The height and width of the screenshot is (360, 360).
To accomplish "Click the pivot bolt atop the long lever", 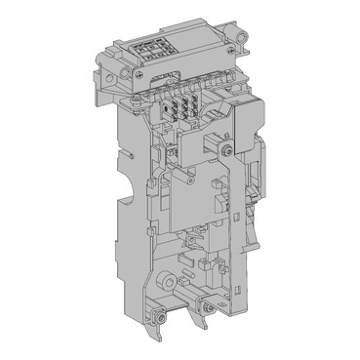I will click(226, 151).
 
